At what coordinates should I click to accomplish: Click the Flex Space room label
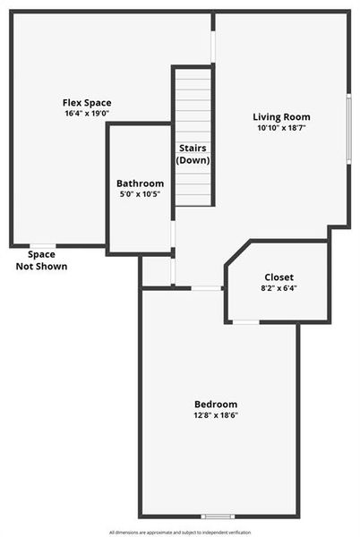tap(87, 103)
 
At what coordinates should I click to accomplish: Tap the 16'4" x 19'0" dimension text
tap(87, 115)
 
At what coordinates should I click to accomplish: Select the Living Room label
tap(281, 117)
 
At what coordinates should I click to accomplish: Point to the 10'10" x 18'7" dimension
tap(281, 129)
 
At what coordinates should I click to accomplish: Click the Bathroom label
tap(140, 183)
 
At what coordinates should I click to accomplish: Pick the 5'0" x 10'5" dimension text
tap(140, 195)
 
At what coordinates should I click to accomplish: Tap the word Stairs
tap(193, 149)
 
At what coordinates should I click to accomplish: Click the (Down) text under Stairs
tap(193, 160)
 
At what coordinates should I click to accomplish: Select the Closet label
tap(279, 277)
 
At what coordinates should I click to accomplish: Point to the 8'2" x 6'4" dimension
tap(279, 289)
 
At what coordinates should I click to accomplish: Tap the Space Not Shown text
tap(41, 260)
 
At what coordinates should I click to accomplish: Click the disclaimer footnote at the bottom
tap(180, 533)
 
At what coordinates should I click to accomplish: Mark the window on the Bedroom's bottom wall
tap(218, 516)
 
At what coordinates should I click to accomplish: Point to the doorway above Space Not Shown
tap(42, 245)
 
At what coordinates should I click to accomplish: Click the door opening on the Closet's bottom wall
tap(245, 322)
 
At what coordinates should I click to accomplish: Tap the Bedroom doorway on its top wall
tap(208, 288)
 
